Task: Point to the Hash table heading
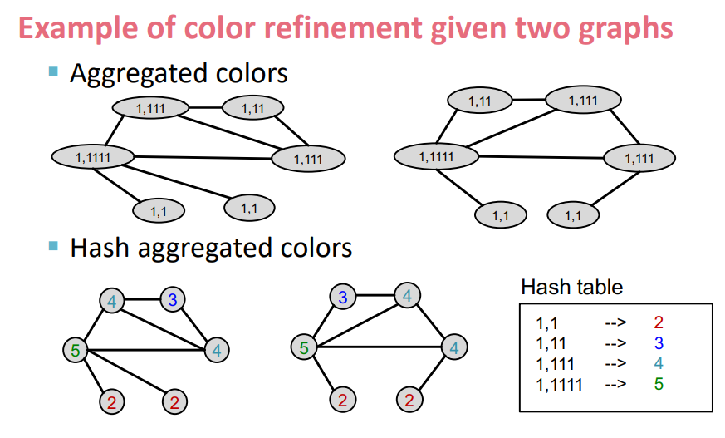(x=571, y=288)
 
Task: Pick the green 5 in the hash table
(x=658, y=384)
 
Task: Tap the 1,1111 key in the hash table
(x=559, y=384)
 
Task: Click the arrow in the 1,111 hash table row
(x=614, y=364)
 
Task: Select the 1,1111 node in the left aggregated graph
(x=93, y=155)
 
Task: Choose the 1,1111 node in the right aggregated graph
(x=435, y=155)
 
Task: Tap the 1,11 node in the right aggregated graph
(x=479, y=101)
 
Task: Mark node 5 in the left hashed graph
(x=76, y=350)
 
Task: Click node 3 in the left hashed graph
(x=172, y=300)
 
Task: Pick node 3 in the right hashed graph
(x=342, y=296)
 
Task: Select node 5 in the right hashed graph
(x=304, y=347)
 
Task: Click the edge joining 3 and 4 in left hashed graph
(x=141, y=299)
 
